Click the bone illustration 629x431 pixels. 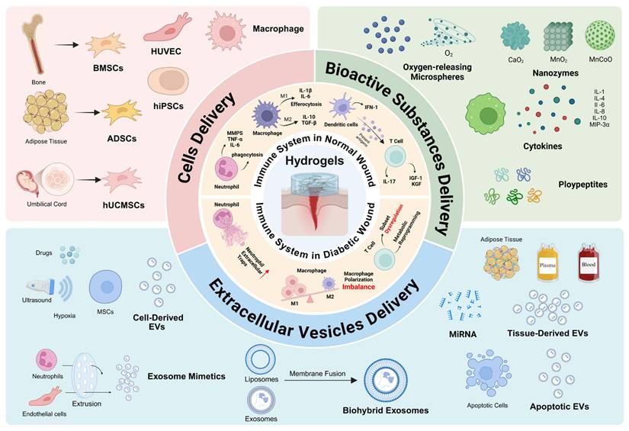pyautogui.click(x=30, y=43)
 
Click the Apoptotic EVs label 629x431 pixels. pyautogui.click(x=561, y=406)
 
